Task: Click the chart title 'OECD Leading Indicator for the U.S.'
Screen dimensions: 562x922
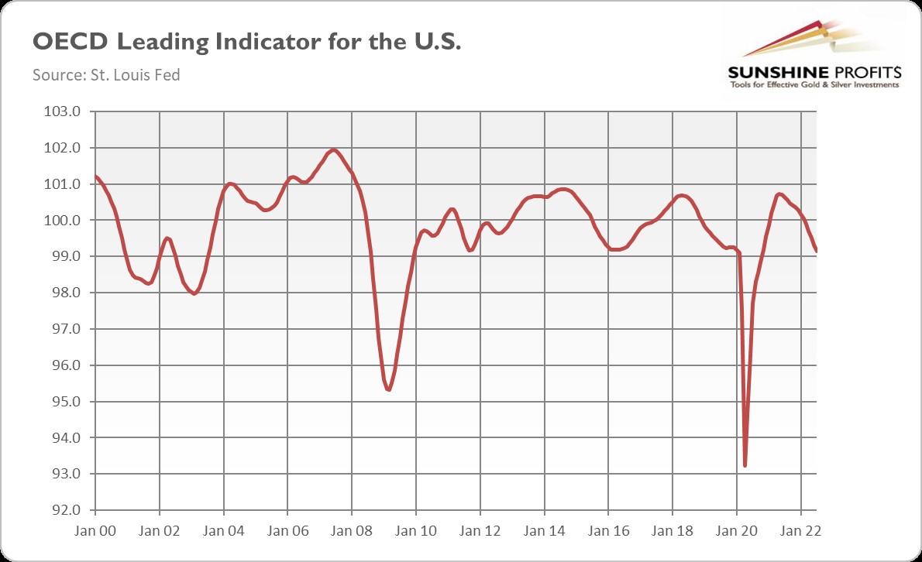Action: tap(246, 43)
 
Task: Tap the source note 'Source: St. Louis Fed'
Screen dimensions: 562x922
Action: tap(106, 76)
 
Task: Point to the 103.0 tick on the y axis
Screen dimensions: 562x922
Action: tap(64, 111)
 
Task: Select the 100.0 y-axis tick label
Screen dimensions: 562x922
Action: tap(64, 221)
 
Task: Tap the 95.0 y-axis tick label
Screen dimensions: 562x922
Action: tap(64, 402)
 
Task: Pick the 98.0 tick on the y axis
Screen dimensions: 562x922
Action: tap(64, 293)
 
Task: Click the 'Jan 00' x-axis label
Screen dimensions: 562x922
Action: tap(95, 532)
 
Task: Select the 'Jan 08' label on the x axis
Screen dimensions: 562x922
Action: tap(352, 532)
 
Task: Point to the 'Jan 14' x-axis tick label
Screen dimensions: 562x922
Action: tap(544, 532)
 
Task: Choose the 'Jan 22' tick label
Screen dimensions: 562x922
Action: tap(800, 532)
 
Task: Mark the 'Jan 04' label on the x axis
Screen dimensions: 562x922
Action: tap(223, 532)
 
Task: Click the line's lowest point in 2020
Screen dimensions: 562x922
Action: tap(745, 465)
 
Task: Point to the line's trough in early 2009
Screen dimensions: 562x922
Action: tap(388, 389)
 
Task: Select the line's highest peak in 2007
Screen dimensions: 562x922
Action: tap(333, 149)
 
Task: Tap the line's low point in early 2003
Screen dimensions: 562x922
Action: tap(194, 293)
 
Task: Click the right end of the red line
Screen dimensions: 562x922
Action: tap(817, 251)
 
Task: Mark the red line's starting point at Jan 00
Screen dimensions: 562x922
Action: tap(95, 176)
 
